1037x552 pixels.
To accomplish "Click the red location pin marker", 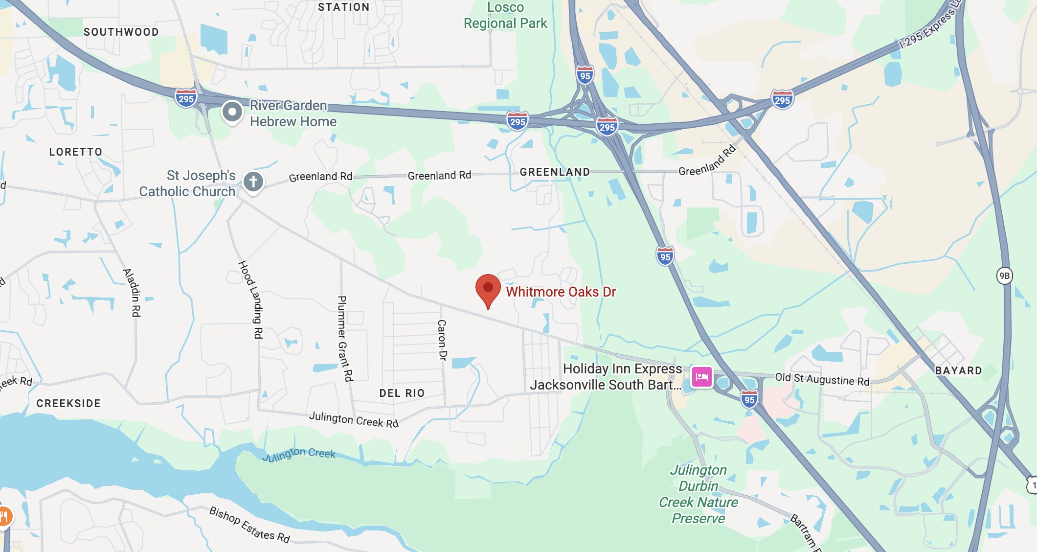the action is click(488, 289).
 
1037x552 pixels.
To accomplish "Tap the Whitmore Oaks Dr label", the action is click(561, 292).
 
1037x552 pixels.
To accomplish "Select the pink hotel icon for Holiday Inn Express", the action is click(701, 377).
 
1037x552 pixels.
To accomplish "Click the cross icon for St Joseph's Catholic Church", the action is click(253, 182).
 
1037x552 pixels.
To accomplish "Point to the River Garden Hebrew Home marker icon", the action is click(232, 112).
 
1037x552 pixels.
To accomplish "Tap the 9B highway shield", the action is click(1004, 276).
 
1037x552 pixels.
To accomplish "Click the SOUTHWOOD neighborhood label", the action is click(121, 32).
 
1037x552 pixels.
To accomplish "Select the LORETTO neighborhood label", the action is click(76, 152).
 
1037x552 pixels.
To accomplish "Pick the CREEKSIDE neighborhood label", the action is click(68, 404).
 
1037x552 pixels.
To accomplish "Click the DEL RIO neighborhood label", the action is click(402, 393).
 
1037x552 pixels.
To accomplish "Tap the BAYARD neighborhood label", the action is click(958, 371).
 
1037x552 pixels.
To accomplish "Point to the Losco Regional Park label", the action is click(505, 16).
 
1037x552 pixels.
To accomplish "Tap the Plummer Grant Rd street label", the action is click(345, 338).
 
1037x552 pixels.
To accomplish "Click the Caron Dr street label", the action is click(442, 340).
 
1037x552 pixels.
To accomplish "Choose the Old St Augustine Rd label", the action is click(822, 379).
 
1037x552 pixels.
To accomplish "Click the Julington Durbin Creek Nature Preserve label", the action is click(698, 494).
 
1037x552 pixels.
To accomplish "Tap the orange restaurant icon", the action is click(4, 516).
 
